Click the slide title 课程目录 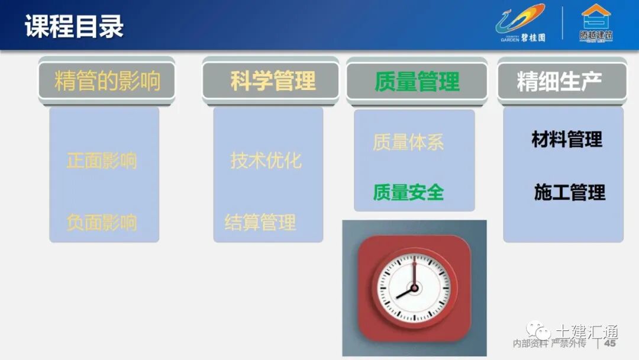74,27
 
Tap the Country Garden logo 520,24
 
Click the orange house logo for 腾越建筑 595,23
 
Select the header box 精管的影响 107,81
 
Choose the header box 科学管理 272,81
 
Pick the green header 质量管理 417,82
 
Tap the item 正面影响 102,160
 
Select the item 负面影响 102,223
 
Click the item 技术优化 266,160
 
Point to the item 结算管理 260,223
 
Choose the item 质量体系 408,142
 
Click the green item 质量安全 408,192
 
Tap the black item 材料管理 567,140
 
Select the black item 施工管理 569,192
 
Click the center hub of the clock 414,288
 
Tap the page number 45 609,343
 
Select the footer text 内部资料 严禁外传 549,343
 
